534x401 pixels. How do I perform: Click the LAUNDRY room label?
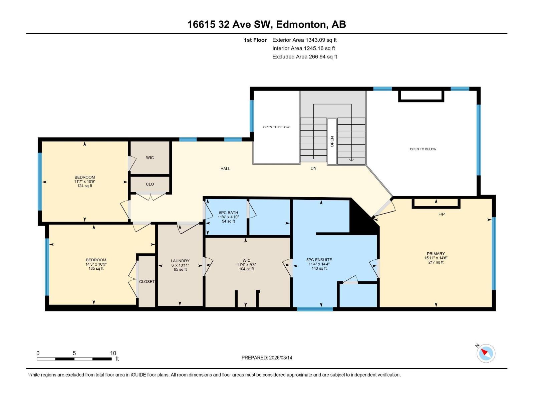(x=180, y=261)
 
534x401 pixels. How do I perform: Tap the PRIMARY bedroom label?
(x=436, y=254)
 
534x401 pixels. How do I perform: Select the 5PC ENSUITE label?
(x=319, y=260)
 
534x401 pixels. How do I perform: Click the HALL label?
(x=225, y=169)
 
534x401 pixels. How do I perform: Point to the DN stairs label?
(x=313, y=168)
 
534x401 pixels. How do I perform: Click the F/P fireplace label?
(x=441, y=214)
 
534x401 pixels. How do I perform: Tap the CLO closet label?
(x=150, y=184)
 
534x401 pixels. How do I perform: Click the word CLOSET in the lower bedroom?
(x=147, y=282)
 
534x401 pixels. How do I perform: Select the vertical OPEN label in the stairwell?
(x=332, y=141)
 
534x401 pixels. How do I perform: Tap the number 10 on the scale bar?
(x=113, y=353)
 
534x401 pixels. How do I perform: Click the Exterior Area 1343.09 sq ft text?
(x=304, y=40)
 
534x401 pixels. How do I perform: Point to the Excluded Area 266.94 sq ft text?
(x=304, y=57)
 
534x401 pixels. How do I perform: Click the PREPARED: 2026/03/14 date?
(x=267, y=358)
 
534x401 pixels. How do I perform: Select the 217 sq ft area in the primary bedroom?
(x=436, y=262)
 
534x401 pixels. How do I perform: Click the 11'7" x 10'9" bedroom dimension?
(x=85, y=181)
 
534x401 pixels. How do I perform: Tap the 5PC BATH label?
(x=228, y=213)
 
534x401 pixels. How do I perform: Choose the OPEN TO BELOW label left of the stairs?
(x=276, y=127)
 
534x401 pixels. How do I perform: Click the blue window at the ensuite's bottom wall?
(x=315, y=309)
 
